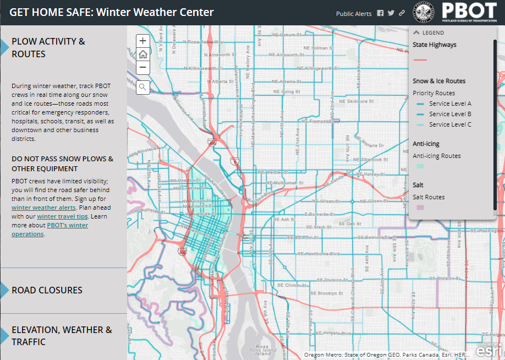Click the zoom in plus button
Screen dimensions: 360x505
coord(143,41)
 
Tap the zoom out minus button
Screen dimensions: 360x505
coord(143,68)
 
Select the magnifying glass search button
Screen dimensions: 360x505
coord(143,87)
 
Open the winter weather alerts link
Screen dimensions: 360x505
coord(43,208)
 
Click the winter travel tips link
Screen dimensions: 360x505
coord(74,216)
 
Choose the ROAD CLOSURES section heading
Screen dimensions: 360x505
coord(47,290)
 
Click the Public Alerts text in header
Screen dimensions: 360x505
coord(354,14)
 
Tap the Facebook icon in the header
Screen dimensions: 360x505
coord(380,14)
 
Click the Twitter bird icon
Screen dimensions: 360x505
coord(391,14)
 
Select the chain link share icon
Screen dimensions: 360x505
coord(402,14)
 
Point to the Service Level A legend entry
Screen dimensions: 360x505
coord(450,103)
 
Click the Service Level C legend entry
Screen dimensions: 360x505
coord(450,124)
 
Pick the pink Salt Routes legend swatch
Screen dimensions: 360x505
coord(420,208)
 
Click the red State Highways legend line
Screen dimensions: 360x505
coord(420,59)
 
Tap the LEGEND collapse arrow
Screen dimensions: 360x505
coord(416,32)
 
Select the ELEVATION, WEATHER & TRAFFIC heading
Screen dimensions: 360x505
coord(62,336)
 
